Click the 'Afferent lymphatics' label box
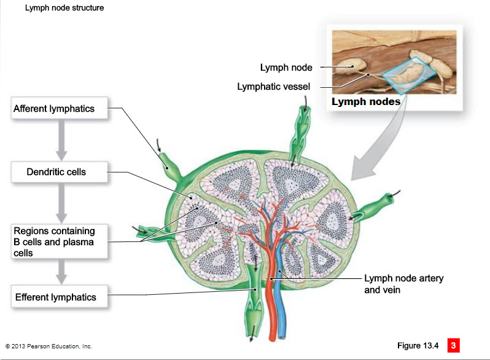point(60,109)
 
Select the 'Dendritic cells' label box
point(60,172)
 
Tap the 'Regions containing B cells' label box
point(60,241)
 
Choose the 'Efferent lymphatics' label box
point(60,297)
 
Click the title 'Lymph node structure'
point(64,8)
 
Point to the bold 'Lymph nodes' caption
point(366,101)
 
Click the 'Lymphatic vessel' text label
point(274,87)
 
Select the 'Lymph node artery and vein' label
point(403,284)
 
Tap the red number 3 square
point(453,345)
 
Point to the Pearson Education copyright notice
point(49,346)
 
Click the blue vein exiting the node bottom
point(281,313)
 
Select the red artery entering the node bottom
point(271,313)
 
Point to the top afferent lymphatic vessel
point(304,132)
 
